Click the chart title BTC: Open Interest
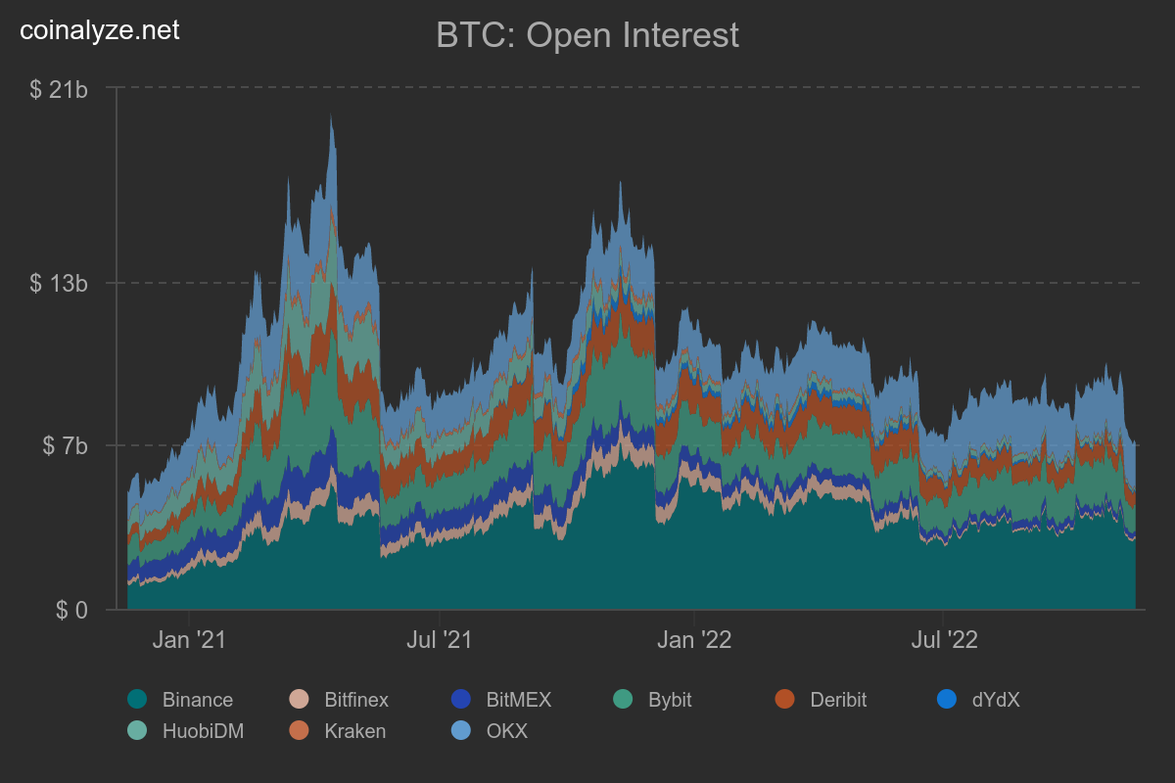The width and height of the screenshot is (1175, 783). [x=587, y=36]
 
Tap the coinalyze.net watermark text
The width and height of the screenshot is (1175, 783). [x=100, y=30]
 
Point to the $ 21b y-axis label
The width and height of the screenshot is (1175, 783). [x=60, y=89]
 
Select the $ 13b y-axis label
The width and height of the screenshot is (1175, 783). [x=60, y=284]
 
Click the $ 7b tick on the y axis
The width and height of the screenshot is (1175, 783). [x=65, y=446]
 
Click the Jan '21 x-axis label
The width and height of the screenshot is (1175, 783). [x=191, y=641]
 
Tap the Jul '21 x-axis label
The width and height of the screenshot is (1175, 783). [x=441, y=641]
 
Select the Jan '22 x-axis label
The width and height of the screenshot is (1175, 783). [x=693, y=641]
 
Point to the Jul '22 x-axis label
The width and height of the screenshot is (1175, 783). [x=943, y=641]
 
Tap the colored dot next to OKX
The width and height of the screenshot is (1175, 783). [x=460, y=730]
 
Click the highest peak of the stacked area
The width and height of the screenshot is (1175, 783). [x=331, y=115]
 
